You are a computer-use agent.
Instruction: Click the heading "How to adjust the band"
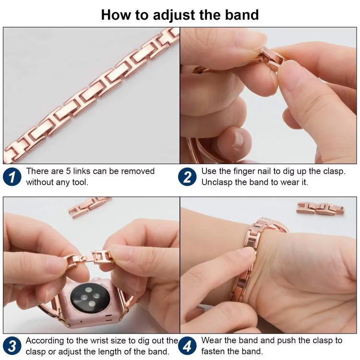tap(180, 14)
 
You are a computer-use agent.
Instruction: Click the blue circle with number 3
tap(12, 346)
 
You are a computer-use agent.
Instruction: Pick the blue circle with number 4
tap(187, 346)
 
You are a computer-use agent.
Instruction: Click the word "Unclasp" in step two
tap(217, 182)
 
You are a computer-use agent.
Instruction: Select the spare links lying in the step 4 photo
tap(320, 207)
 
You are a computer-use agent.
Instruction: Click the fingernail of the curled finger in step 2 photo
tap(237, 140)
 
